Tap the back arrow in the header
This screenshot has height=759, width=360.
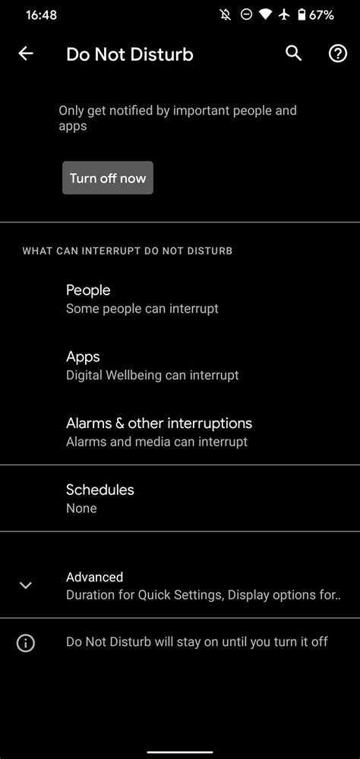click(26, 53)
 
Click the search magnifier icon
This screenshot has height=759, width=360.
click(293, 53)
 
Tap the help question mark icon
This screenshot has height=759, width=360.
click(337, 53)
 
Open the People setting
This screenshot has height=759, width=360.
click(88, 290)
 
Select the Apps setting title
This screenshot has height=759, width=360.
click(83, 357)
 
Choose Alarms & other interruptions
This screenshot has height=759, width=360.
click(159, 423)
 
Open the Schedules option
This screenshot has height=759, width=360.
click(100, 490)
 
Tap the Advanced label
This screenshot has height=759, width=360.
click(94, 577)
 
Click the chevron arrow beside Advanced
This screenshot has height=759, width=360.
click(26, 585)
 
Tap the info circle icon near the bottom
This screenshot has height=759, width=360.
click(26, 643)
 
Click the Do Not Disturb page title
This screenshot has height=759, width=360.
click(130, 55)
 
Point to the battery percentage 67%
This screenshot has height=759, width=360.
click(321, 14)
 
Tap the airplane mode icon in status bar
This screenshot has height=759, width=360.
click(284, 14)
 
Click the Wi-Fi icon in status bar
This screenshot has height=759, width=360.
click(265, 14)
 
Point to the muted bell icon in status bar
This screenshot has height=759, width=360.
click(226, 14)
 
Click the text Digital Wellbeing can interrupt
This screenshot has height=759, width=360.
click(152, 375)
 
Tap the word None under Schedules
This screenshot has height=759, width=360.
click(81, 509)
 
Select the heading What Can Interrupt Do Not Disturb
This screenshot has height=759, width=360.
click(127, 250)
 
